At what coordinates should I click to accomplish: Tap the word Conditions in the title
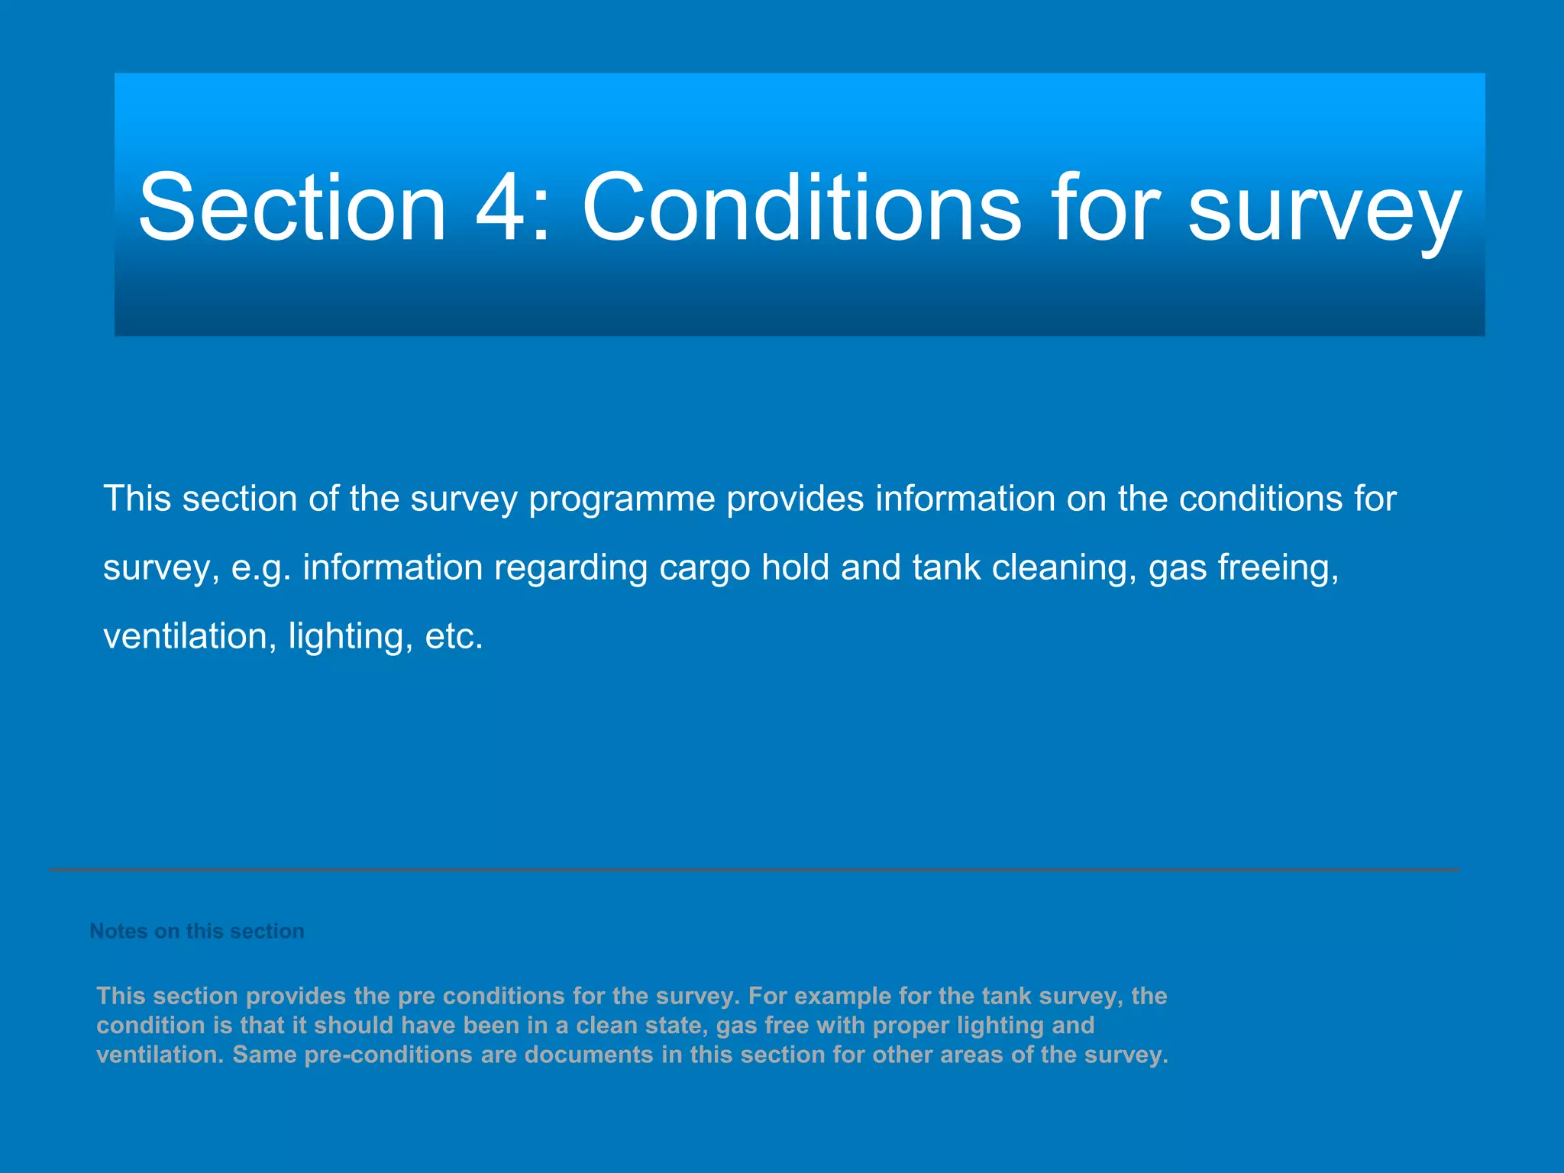tap(801, 208)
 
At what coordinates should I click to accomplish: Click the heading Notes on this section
tap(197, 931)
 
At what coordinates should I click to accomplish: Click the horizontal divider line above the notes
tap(755, 870)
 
